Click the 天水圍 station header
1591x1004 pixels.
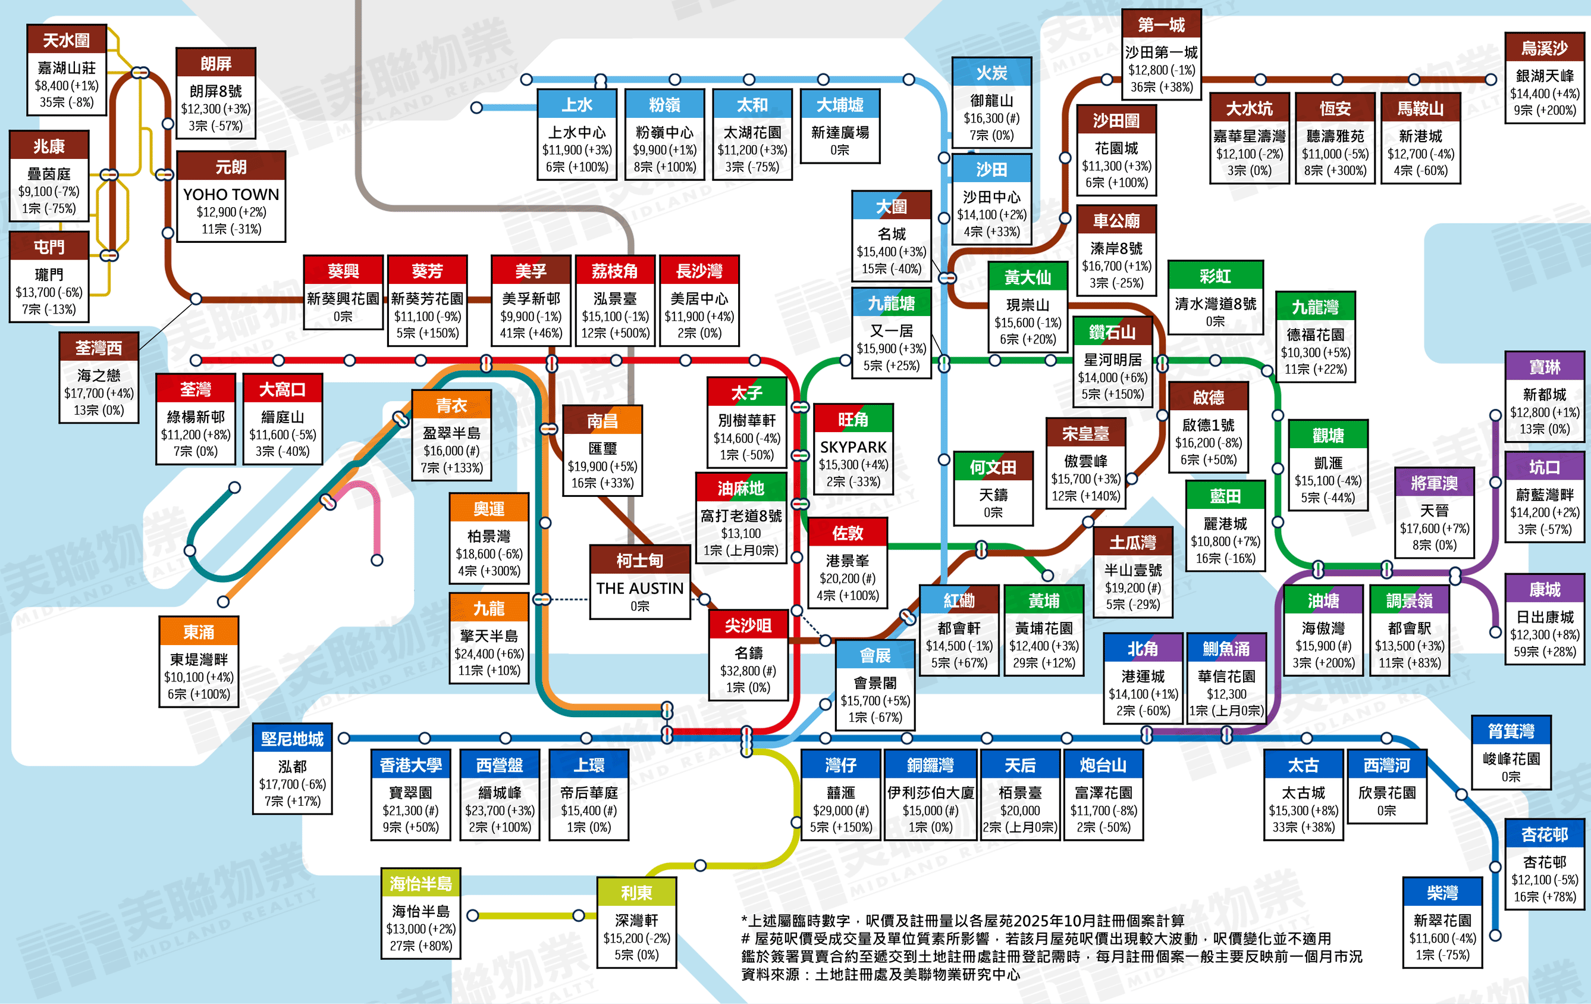click(66, 40)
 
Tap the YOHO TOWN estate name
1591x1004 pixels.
click(231, 195)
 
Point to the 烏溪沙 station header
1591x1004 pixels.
click(1544, 48)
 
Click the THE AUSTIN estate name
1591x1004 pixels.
click(639, 588)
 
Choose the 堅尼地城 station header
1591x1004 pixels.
click(292, 739)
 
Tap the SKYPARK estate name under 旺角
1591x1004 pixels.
click(853, 448)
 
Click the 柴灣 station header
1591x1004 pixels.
click(1442, 893)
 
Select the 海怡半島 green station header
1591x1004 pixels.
click(421, 884)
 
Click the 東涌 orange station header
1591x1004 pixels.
click(198, 632)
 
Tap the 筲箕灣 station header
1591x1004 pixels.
click(1511, 731)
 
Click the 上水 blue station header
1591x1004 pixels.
click(577, 104)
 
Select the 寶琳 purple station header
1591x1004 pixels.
click(1544, 367)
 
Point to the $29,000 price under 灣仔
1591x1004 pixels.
click(832, 811)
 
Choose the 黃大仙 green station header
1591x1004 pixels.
click(1027, 277)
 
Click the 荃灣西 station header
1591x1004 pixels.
click(99, 348)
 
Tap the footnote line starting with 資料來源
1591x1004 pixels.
click(880, 974)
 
